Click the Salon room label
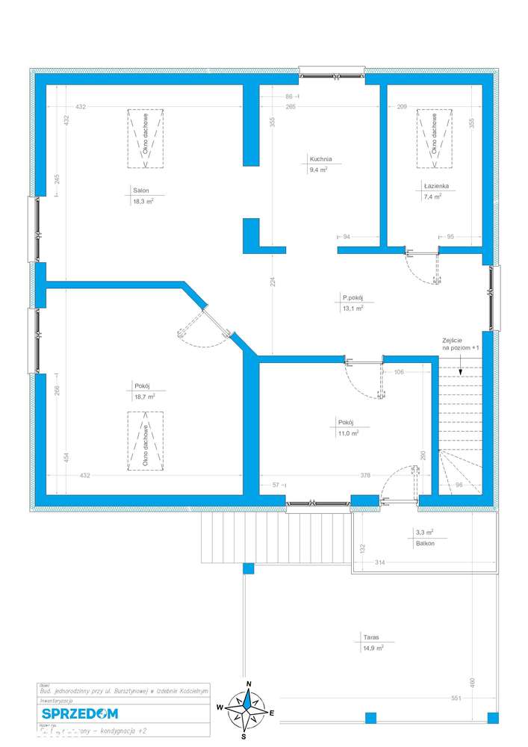pos(131,190)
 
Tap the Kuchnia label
pos(320,158)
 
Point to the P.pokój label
pos(352,297)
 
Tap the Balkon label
pos(426,543)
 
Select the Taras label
pos(372,638)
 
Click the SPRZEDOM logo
pos(75,713)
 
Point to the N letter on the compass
pos(249,684)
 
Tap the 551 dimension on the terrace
pos(457,698)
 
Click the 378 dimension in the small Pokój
pos(365,475)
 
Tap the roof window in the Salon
pos(145,137)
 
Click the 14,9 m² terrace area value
pos(373,648)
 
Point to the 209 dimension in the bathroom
pos(402,108)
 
